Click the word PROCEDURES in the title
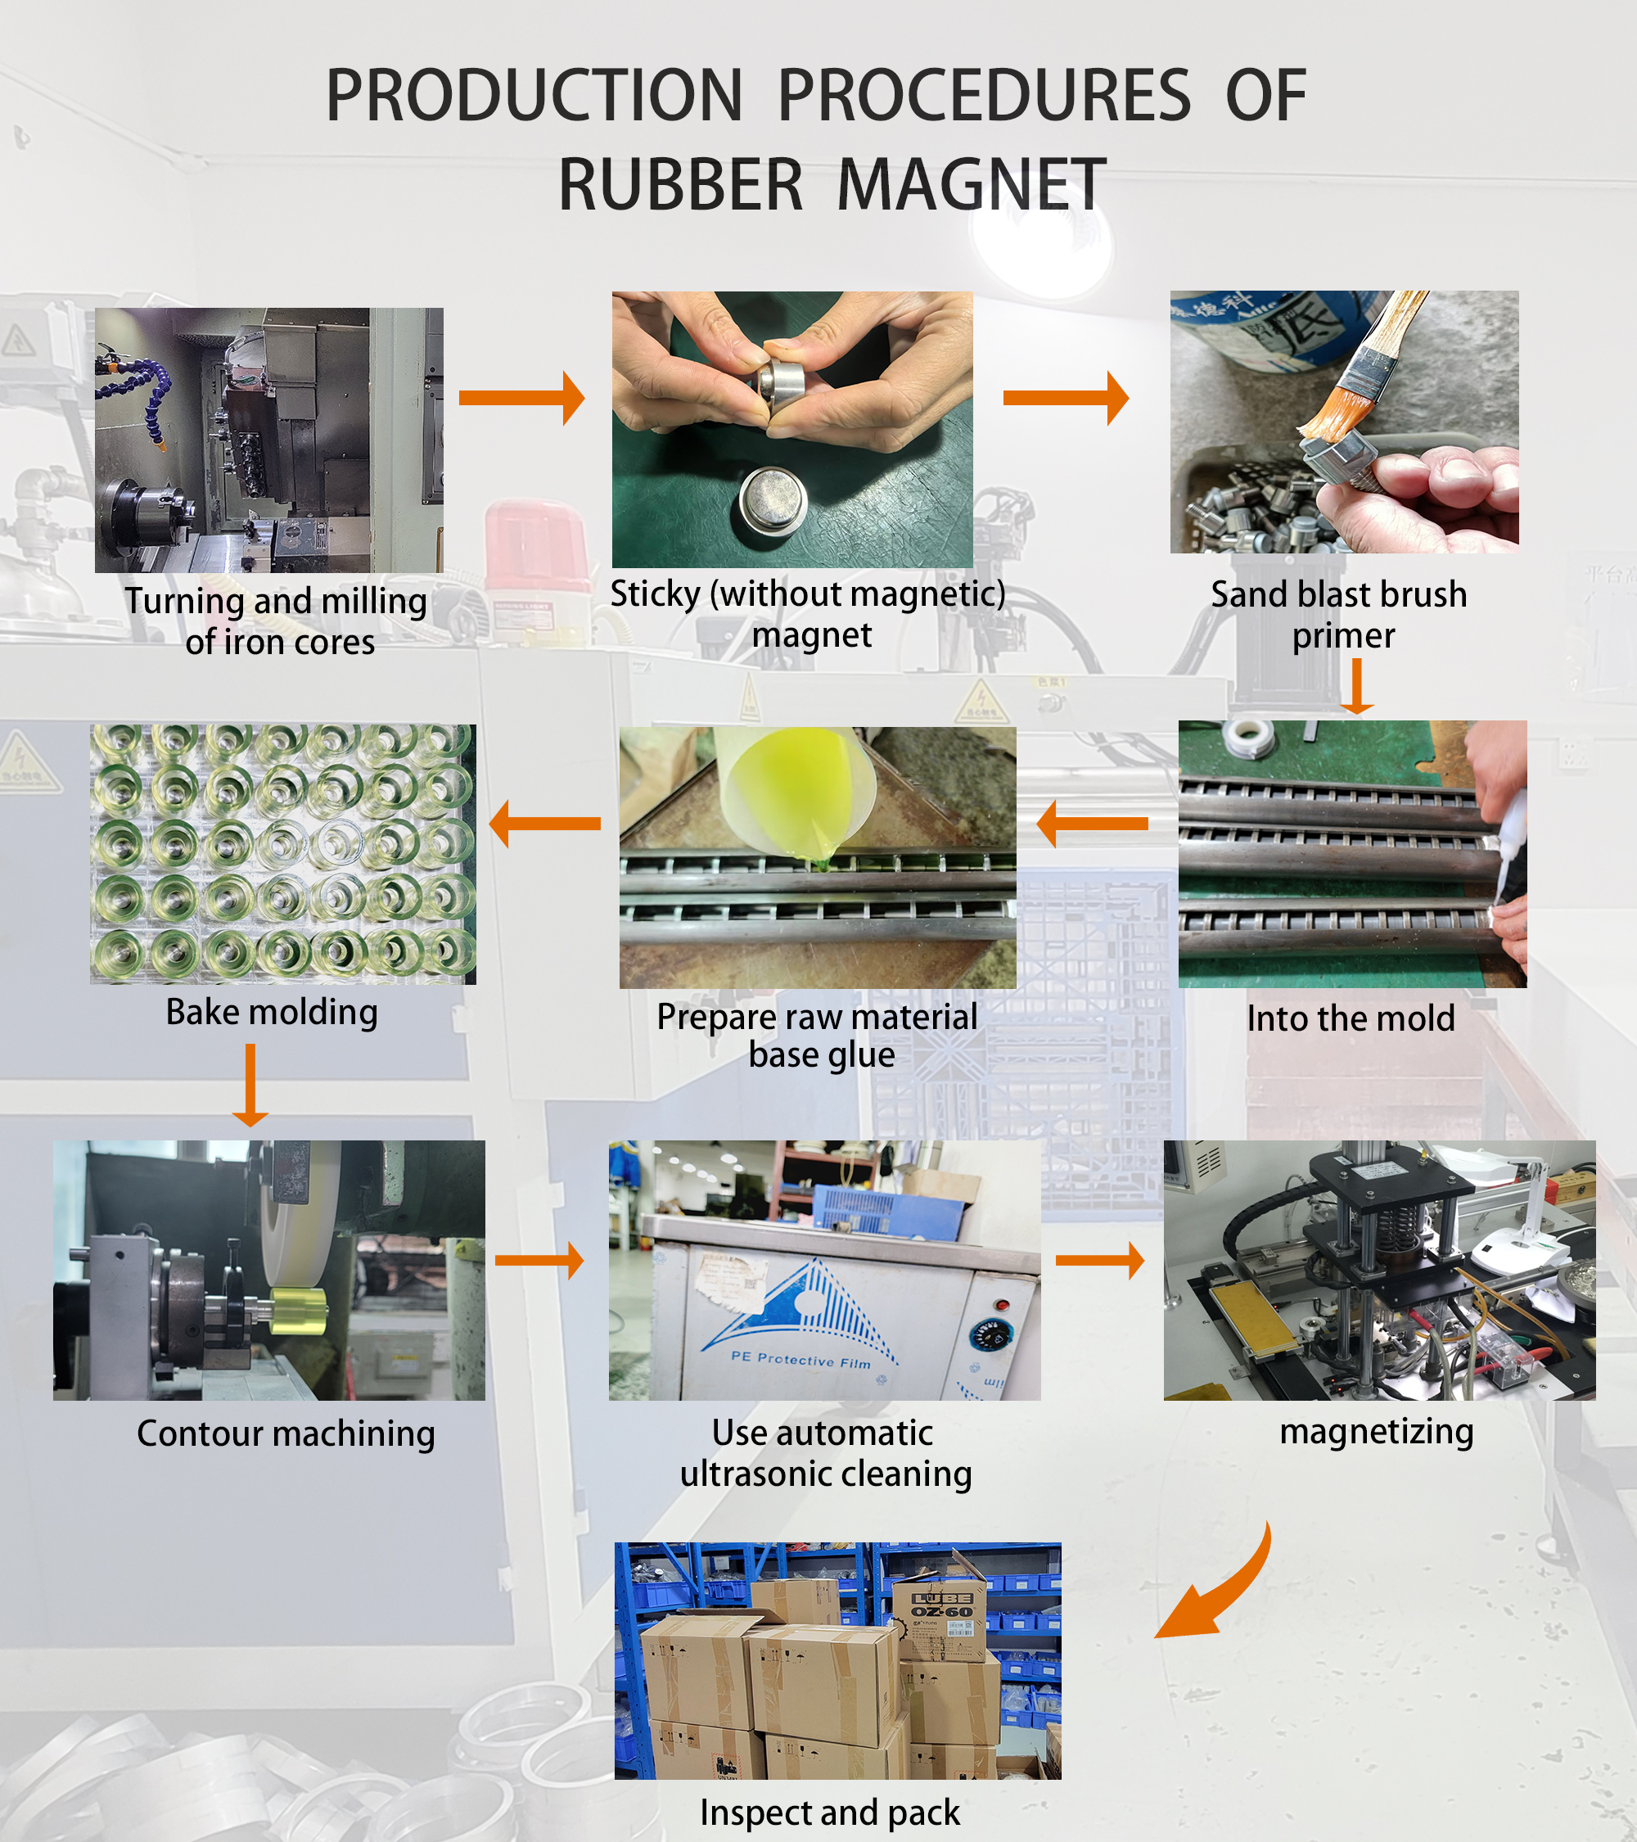983,97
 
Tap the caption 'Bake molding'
271,1012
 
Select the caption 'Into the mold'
1350,1018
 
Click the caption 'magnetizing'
1376,1430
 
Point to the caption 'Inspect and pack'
830,1813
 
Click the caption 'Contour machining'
286,1433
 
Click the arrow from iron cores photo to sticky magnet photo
521,397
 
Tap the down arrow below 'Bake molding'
250,1085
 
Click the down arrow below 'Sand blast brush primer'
1356,687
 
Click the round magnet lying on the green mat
772,503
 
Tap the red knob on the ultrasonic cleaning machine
1001,1304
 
